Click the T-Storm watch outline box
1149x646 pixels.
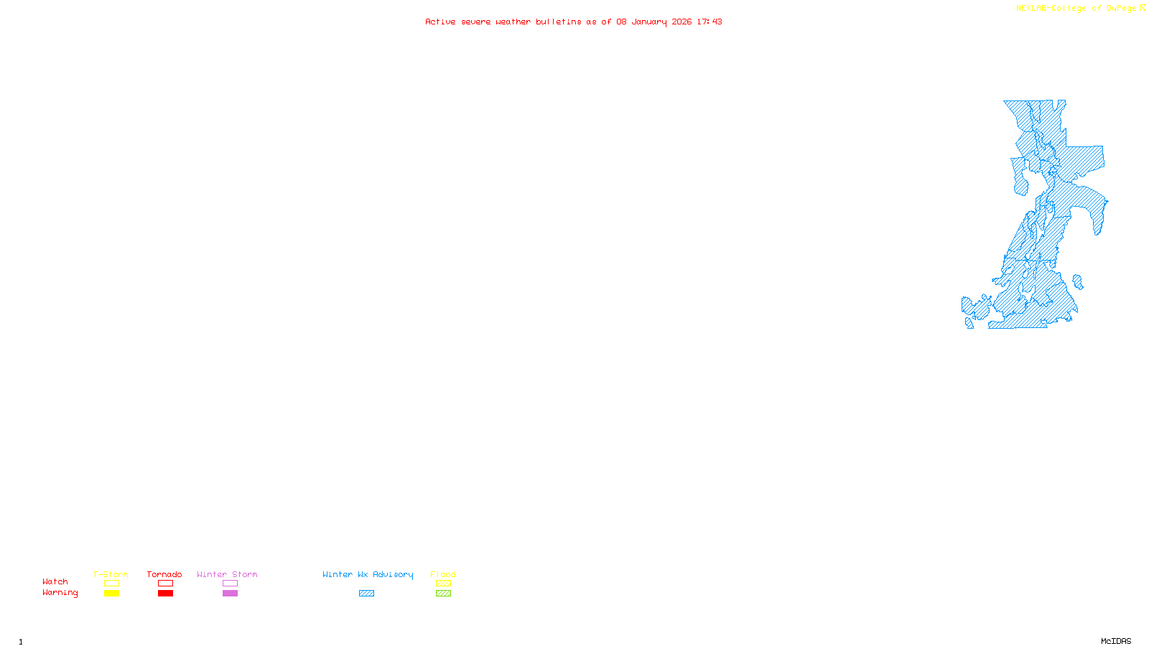tap(111, 584)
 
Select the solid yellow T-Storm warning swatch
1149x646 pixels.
tap(111, 594)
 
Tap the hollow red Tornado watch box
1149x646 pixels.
tap(165, 584)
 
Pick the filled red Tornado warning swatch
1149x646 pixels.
tap(165, 594)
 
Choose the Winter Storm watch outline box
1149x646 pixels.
tap(230, 584)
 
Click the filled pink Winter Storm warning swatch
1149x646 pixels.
tap(230, 594)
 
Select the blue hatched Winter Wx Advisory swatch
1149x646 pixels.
tap(366, 594)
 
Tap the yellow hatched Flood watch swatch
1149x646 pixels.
tap(443, 584)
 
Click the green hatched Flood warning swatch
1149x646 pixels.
tap(443, 594)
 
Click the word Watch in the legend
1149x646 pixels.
tap(55, 582)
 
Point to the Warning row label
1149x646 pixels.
tap(60, 593)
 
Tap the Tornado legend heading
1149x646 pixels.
tap(164, 574)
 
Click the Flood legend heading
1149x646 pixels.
tap(443, 574)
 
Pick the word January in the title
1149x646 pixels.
tap(648, 22)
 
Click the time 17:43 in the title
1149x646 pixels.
tap(710, 22)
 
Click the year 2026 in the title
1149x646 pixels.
tap(682, 22)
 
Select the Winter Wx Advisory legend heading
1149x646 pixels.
tap(368, 574)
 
